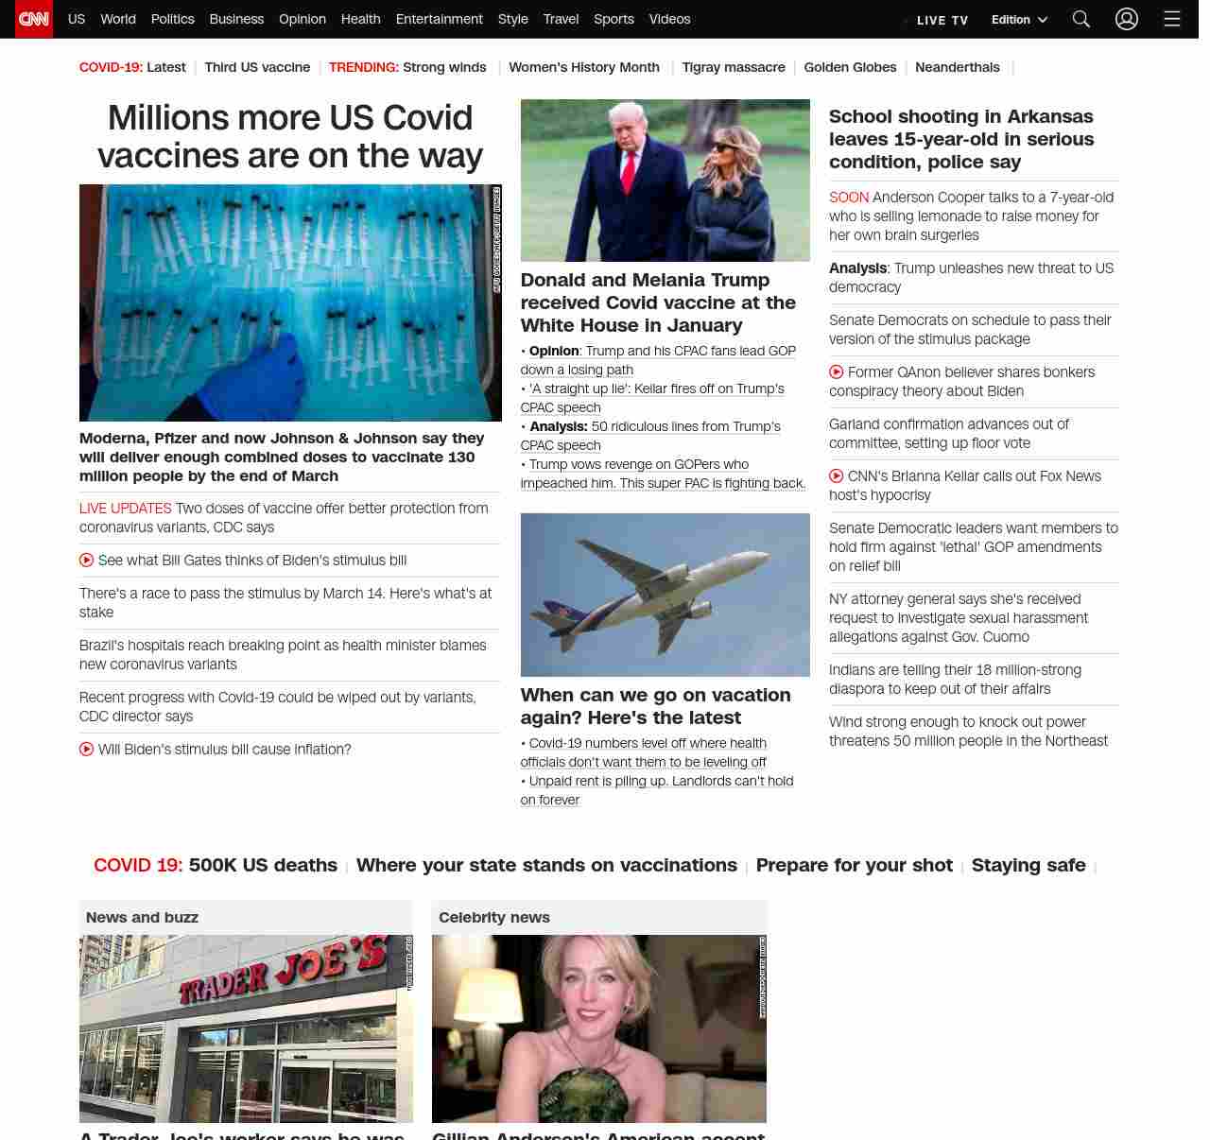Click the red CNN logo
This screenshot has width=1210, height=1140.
click(x=34, y=19)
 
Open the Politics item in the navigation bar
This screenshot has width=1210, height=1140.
click(x=172, y=19)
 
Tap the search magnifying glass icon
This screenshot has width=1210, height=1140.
click(x=1081, y=19)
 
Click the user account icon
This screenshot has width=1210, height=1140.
click(x=1126, y=19)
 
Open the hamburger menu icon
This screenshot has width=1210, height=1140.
click(x=1172, y=19)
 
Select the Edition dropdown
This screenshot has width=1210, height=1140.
click(x=1019, y=20)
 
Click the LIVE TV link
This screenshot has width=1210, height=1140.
click(x=942, y=20)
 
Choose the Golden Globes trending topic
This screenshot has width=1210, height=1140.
click(x=850, y=67)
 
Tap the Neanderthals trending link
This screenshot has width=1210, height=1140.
click(x=957, y=67)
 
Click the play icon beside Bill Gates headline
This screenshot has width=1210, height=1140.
click(x=87, y=561)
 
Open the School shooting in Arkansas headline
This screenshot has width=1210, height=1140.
click(x=961, y=139)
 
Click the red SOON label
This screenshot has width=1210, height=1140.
click(x=848, y=198)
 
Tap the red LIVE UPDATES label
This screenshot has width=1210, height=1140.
click(x=126, y=509)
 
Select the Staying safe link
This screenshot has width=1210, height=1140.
click(x=1028, y=865)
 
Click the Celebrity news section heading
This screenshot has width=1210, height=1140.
click(x=493, y=917)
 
